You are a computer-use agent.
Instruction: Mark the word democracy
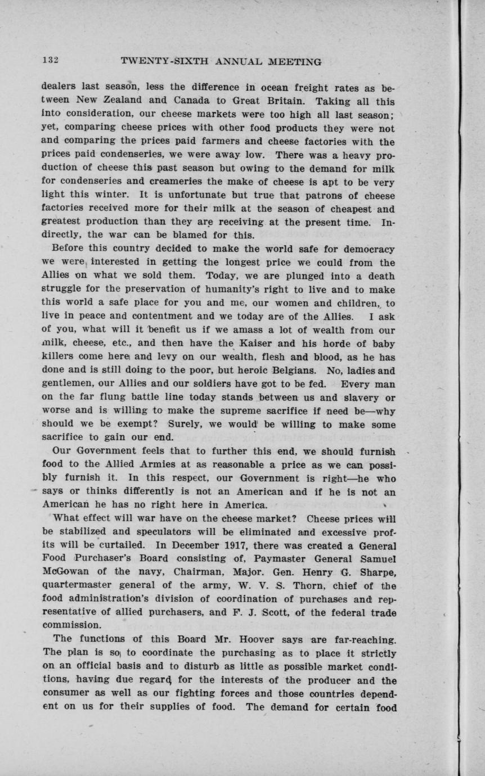pos(367,249)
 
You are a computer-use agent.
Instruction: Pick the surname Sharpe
pos(376,572)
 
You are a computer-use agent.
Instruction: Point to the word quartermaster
pos(80,585)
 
